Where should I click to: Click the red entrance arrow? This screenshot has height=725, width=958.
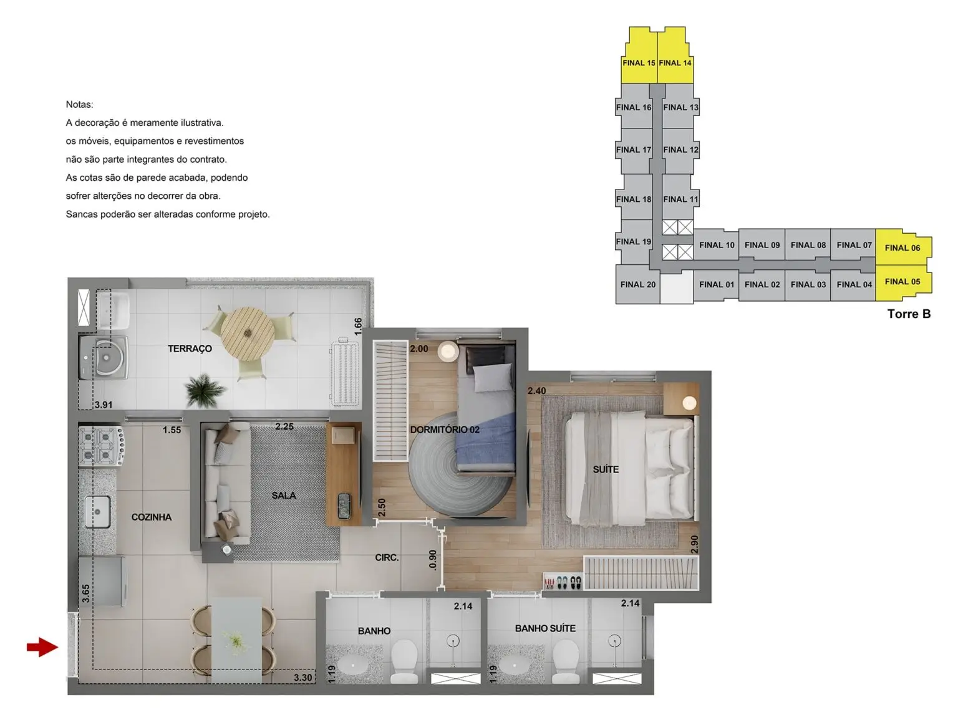[42, 647]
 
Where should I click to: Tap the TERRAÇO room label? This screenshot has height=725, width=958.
[190, 349]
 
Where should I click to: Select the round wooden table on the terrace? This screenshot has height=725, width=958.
[248, 334]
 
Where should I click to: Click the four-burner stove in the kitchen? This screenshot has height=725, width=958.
[101, 446]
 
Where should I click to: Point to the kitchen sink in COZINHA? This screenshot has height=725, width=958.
[98, 512]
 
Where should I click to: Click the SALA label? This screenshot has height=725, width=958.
[284, 496]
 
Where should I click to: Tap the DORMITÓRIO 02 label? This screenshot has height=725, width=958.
[445, 430]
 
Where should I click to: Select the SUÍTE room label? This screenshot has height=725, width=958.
[606, 469]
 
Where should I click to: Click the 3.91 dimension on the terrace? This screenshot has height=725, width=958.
[104, 405]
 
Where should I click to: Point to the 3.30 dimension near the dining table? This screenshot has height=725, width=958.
[303, 678]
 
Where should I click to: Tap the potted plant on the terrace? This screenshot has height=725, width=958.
[205, 390]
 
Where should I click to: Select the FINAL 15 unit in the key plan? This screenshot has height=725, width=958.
[639, 62]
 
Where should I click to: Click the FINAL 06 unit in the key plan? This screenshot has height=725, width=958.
[902, 247]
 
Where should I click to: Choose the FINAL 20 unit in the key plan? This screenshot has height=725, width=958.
[637, 284]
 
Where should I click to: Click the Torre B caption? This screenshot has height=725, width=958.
[909, 314]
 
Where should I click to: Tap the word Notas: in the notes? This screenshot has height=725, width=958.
[80, 105]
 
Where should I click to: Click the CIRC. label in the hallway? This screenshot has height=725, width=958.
[387, 558]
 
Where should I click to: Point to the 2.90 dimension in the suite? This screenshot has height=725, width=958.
[695, 544]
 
